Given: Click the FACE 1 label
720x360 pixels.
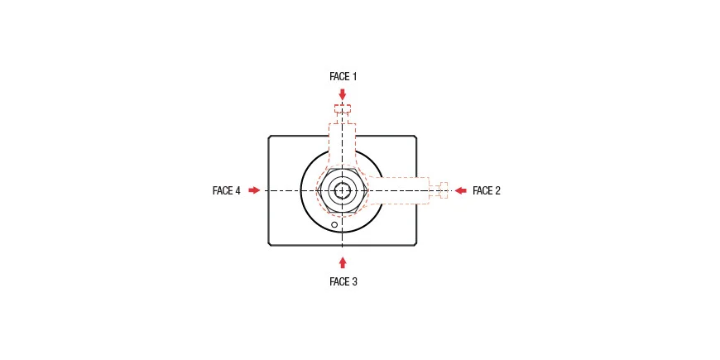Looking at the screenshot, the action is pyautogui.click(x=343, y=77).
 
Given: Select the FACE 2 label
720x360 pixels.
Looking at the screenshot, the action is pyautogui.click(x=487, y=190).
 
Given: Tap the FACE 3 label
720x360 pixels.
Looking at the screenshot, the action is pyautogui.click(x=343, y=281).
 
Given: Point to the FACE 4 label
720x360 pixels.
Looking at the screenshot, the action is pyautogui.click(x=227, y=190).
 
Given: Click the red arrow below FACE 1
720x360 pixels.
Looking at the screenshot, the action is pyautogui.click(x=342, y=94).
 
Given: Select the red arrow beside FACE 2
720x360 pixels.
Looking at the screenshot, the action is pyautogui.click(x=461, y=190).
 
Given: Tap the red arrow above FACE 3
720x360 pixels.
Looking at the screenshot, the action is pyautogui.click(x=342, y=262).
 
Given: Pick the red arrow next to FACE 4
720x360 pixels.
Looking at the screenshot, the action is pyautogui.click(x=254, y=190).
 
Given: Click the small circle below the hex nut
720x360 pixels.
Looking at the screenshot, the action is pyautogui.click(x=334, y=224).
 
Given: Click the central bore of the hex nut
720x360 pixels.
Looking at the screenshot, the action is pyautogui.click(x=342, y=190).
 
